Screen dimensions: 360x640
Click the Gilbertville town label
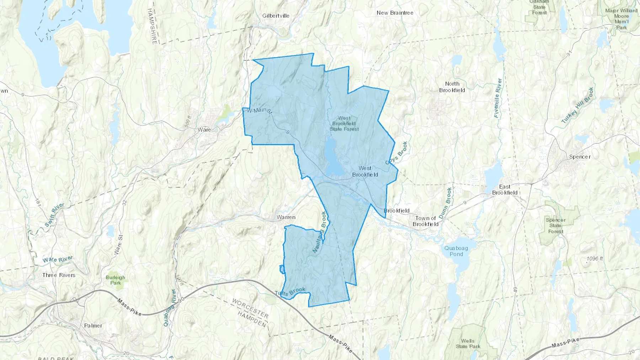click(276, 16)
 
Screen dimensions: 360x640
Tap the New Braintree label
click(395, 13)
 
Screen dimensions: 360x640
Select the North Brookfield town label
click(452, 87)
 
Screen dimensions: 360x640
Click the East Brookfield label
click(505, 189)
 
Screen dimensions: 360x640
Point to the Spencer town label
click(580, 157)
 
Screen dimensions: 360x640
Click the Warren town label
click(286, 217)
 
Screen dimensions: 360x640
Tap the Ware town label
click(204, 130)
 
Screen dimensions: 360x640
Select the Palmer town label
click(93, 326)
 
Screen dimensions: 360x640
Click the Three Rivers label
click(59, 275)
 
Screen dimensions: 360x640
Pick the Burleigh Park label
click(115, 280)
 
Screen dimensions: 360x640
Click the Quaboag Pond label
click(456, 251)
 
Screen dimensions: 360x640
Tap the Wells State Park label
click(468, 344)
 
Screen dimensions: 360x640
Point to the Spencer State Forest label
click(555, 226)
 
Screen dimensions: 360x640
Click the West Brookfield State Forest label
click(344, 123)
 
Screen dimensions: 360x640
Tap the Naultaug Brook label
click(319, 232)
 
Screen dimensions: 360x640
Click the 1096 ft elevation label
click(594, 259)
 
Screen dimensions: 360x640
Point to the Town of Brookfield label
click(425, 221)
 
